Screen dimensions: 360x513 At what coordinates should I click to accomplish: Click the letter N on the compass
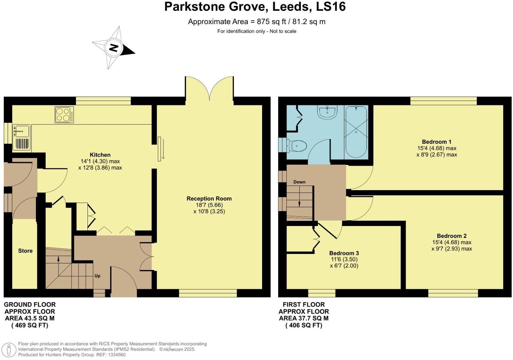(x=113, y=48)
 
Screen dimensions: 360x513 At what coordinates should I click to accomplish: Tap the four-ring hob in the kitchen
(x=64, y=114)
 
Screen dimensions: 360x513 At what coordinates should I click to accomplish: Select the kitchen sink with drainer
(x=22, y=137)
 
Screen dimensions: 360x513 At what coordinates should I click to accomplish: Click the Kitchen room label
(x=100, y=155)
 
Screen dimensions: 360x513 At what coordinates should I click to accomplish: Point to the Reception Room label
(x=209, y=198)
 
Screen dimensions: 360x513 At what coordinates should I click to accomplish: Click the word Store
(x=25, y=251)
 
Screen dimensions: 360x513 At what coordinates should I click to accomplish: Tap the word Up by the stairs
(x=97, y=276)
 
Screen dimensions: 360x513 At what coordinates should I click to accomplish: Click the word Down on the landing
(x=299, y=182)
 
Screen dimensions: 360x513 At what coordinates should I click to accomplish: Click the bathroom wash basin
(x=327, y=112)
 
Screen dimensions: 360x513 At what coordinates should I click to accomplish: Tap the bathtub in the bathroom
(x=355, y=132)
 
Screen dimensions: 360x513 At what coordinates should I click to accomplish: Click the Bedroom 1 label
(x=436, y=142)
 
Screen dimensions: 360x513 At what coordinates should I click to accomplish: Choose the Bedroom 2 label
(x=452, y=236)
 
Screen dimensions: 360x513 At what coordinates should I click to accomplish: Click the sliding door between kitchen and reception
(x=160, y=149)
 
